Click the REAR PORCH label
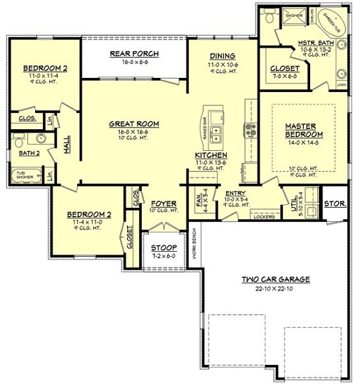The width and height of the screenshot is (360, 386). pyautogui.click(x=133, y=53)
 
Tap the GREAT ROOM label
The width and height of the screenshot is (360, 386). pyautogui.click(x=133, y=124)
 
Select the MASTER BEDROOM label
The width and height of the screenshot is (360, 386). pyautogui.click(x=304, y=130)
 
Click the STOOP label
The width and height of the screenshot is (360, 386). pyautogui.click(x=163, y=247)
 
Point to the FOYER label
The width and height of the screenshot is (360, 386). pyautogui.click(x=164, y=203)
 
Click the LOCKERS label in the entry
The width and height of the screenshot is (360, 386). pyautogui.click(x=262, y=216)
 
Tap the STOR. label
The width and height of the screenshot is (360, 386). pyautogui.click(x=332, y=204)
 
